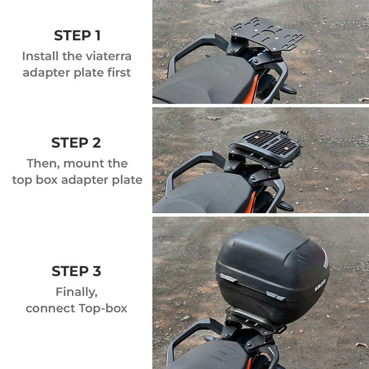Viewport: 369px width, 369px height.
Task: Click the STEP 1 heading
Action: (77, 35)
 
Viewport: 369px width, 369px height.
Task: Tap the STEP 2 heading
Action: (77, 142)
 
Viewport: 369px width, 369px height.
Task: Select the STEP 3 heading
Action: (77, 271)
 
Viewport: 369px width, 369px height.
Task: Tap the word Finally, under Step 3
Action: (76, 292)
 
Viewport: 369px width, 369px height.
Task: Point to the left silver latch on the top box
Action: (229, 278)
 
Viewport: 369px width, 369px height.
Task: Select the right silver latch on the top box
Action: (276, 295)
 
